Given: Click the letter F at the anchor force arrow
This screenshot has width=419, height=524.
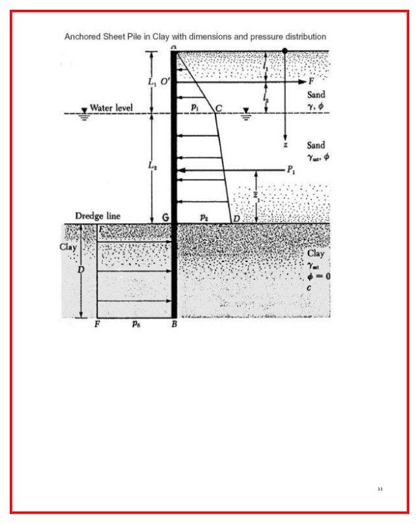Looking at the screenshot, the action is click(x=311, y=82).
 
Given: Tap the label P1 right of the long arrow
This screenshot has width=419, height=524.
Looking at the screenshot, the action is click(x=291, y=169).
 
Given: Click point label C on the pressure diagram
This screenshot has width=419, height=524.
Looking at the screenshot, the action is click(x=218, y=107).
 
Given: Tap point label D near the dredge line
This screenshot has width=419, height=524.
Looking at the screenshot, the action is click(x=235, y=217).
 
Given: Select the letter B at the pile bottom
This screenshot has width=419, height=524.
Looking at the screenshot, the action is click(x=174, y=324).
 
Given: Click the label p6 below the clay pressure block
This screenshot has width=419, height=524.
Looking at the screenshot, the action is click(x=135, y=324).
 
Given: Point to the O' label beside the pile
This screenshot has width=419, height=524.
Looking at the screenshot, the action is click(x=165, y=81).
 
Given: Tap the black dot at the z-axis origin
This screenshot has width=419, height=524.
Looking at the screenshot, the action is click(x=284, y=50).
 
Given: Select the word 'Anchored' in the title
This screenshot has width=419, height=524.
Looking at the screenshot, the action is click(x=83, y=37).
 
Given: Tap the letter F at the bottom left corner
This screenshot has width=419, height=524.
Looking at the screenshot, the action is click(x=97, y=324).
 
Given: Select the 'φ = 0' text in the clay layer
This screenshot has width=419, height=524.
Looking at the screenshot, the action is click(x=319, y=276).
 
